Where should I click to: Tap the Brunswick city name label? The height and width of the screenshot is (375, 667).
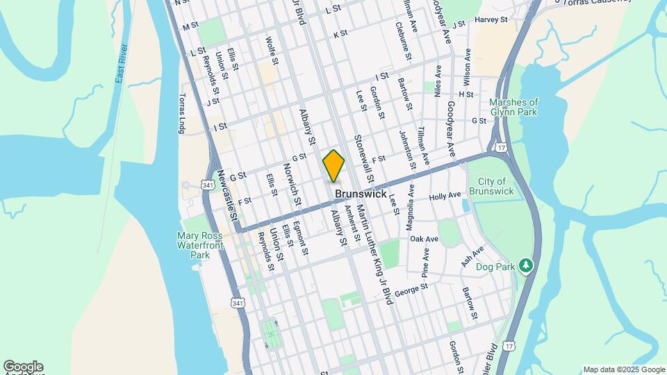(360, 194)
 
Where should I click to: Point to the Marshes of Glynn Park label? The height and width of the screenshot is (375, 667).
(513, 108)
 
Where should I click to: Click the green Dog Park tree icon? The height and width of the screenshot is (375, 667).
(527, 265)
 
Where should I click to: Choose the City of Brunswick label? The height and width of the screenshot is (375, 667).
(491, 185)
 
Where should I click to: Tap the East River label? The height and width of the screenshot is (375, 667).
(122, 64)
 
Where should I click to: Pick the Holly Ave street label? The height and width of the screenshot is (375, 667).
(445, 197)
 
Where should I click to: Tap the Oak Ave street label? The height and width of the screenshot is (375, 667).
(424, 239)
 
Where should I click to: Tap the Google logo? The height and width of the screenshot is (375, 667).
(23, 367)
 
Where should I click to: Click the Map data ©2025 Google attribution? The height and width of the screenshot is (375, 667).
(623, 369)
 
